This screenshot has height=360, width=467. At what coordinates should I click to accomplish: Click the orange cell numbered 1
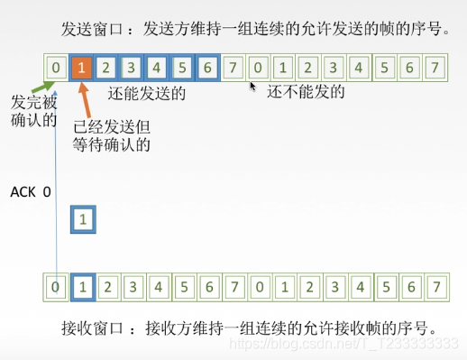pyautogui.click(x=82, y=68)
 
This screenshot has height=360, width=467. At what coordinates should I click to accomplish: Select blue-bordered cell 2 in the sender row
pyautogui.click(x=107, y=68)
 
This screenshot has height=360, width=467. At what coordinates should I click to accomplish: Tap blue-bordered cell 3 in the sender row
pyautogui.click(x=133, y=68)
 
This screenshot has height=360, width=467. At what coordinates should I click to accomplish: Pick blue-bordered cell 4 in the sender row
pyautogui.click(x=157, y=68)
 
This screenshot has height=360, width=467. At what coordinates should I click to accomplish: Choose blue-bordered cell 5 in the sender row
pyautogui.click(x=182, y=68)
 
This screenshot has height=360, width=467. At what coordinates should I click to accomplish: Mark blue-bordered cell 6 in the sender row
pyautogui.click(x=207, y=68)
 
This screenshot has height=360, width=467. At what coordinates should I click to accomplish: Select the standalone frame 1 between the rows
pyautogui.click(x=82, y=219)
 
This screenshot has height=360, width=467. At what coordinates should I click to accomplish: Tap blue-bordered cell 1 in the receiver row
pyautogui.click(x=82, y=289)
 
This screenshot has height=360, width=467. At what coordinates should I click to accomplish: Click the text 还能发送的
pyautogui.click(x=146, y=93)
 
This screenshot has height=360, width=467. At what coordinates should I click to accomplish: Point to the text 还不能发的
pyautogui.click(x=311, y=92)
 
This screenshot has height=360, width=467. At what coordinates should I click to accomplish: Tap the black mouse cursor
pyautogui.click(x=253, y=88)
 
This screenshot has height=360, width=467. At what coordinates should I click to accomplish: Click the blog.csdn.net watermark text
pyautogui.click(x=361, y=343)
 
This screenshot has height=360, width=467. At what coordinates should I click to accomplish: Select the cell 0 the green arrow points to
pyautogui.click(x=56, y=68)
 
